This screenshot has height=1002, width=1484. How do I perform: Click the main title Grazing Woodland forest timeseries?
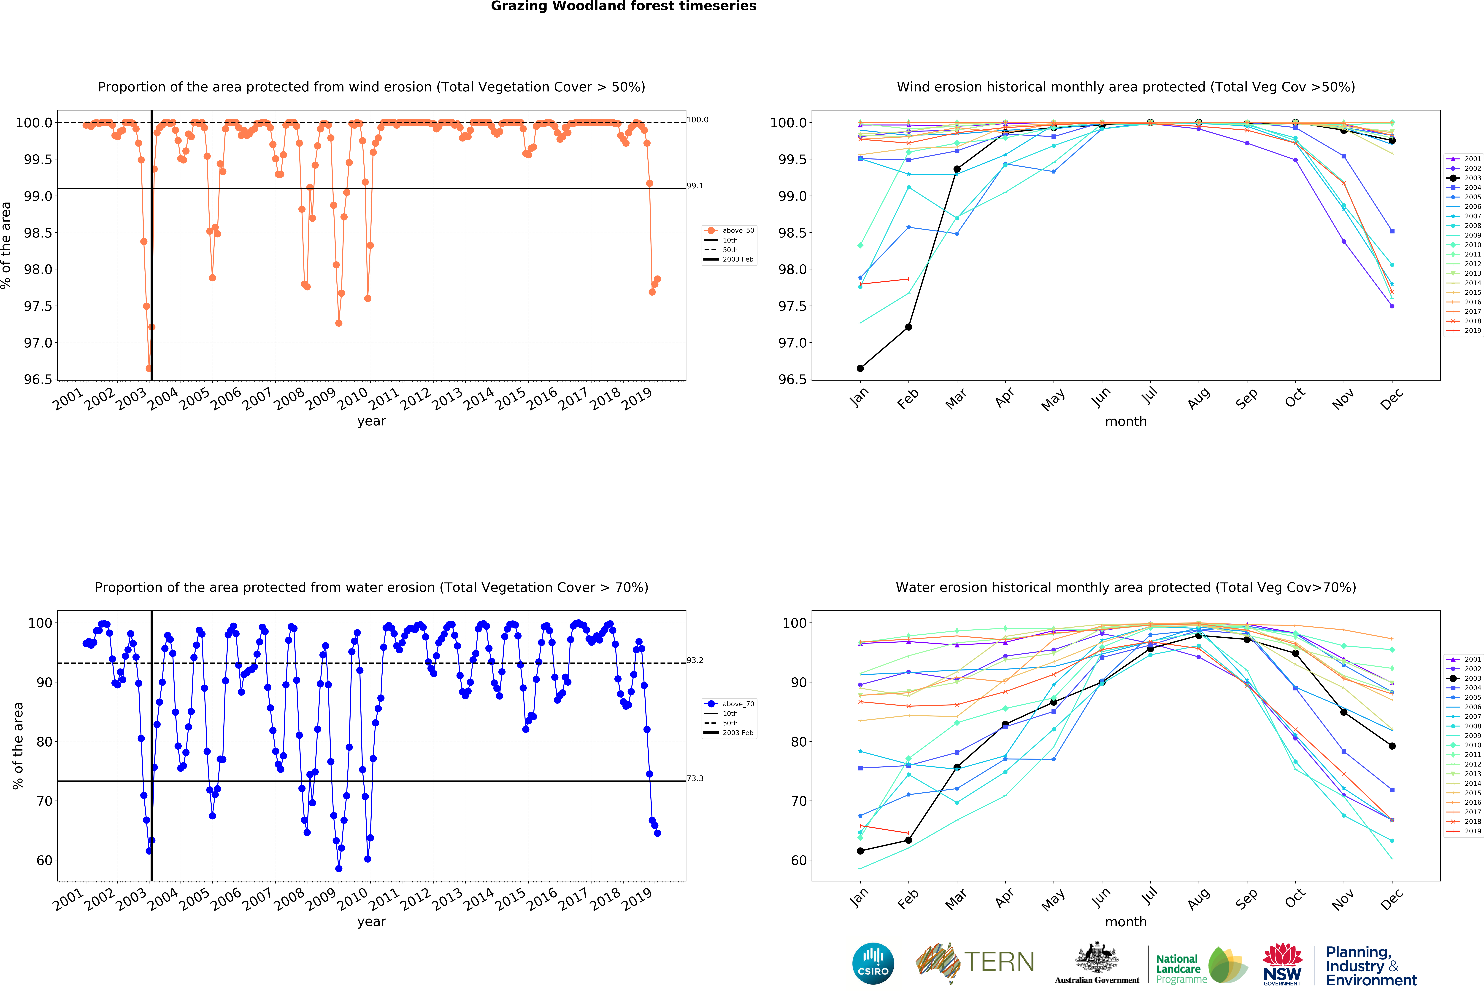pos(623,6)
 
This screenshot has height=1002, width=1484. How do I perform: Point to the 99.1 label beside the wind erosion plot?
pos(695,186)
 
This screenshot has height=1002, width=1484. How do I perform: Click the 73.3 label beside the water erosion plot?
pos(695,779)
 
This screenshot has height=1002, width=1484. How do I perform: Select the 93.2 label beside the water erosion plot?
pos(695,661)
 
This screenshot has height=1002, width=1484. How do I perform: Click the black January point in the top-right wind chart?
pos(860,368)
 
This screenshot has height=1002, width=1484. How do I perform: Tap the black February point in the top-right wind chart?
pos(909,327)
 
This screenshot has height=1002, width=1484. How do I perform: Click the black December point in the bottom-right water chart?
pos(1392,746)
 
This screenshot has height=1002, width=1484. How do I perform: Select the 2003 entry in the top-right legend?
pos(1467,178)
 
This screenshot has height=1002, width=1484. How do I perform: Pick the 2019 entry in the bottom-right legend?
pos(1467,831)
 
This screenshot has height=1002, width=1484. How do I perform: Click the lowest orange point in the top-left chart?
pos(149,368)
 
